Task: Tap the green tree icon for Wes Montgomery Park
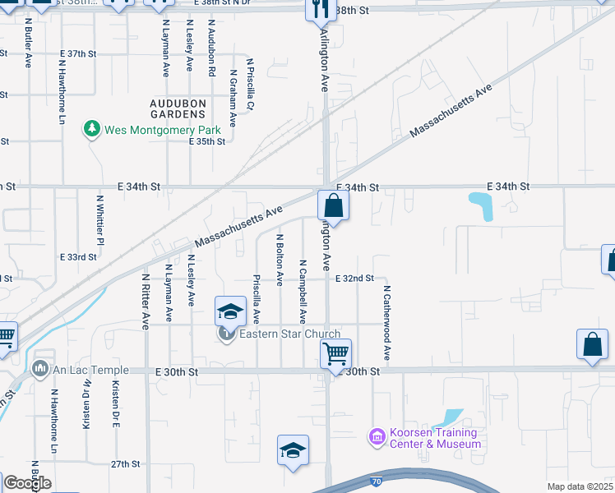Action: click(x=90, y=130)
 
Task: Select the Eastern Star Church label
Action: click(x=289, y=334)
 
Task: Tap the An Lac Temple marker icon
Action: click(x=39, y=371)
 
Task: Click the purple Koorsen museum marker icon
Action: click(x=377, y=435)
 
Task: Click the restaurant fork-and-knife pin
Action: click(x=318, y=9)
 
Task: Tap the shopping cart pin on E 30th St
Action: click(x=335, y=354)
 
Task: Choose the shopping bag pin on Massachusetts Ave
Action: click(x=333, y=205)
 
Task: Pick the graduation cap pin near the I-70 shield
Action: click(x=293, y=450)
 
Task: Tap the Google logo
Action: click(x=27, y=483)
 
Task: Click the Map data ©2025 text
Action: click(x=580, y=486)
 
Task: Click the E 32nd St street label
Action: click(x=354, y=279)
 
